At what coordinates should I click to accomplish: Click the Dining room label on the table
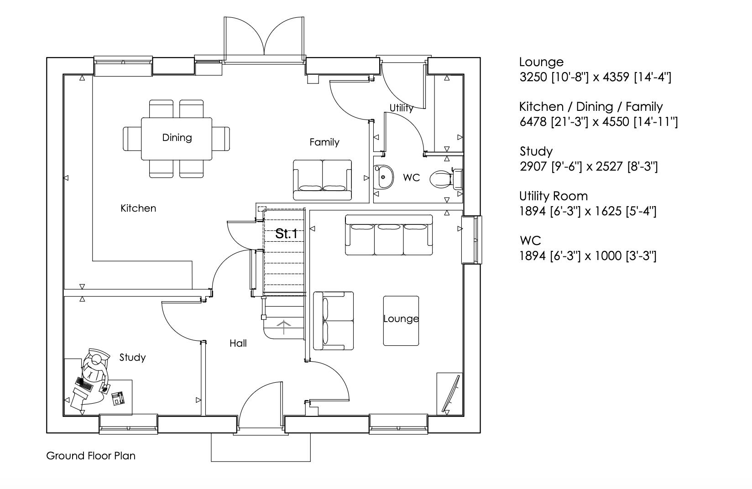[177, 137]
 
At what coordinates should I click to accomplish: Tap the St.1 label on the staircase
[286, 234]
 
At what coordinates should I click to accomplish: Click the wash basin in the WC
[384, 177]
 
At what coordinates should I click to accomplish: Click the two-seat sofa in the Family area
[323, 180]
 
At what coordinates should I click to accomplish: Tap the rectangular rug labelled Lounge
[401, 321]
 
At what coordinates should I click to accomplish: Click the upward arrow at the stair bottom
[284, 327]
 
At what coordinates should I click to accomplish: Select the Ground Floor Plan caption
[91, 456]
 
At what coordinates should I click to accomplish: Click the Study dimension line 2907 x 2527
[589, 166]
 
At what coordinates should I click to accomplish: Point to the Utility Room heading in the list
[554, 196]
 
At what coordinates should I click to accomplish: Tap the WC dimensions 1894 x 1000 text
[588, 256]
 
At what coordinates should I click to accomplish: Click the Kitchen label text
[138, 208]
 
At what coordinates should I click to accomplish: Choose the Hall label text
[238, 343]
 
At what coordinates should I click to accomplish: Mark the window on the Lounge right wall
[472, 239]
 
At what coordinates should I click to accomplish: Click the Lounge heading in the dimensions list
[541, 62]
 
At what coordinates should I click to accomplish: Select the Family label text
[324, 142]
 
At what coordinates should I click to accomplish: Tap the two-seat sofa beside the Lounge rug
[333, 321]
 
